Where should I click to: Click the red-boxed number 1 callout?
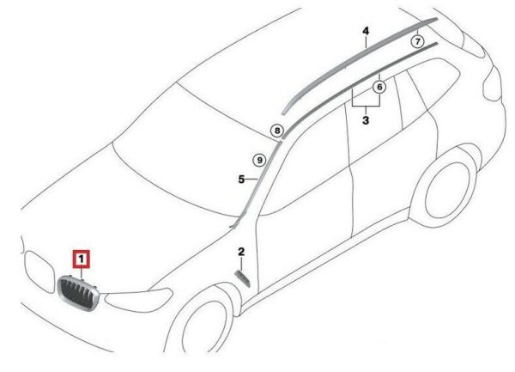82,259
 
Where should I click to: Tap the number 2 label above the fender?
241,252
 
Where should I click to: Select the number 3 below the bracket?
366,120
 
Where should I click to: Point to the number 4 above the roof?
366,31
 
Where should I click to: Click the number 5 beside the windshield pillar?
241,180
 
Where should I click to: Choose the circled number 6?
379,87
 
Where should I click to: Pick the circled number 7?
417,42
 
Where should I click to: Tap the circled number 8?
277,131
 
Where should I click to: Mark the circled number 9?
259,161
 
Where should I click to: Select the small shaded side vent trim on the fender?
243,278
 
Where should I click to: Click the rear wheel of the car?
444,191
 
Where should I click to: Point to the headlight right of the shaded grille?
138,300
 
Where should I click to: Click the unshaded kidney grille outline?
39,271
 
